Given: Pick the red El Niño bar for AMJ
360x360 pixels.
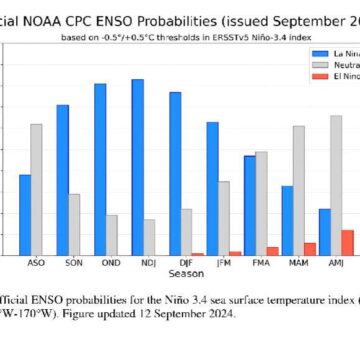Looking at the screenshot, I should click(347, 242).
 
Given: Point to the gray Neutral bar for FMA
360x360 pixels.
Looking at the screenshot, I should click(261, 203).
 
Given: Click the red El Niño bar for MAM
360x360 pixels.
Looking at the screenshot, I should click(310, 248).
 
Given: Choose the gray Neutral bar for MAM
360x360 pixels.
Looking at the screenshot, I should click(298, 190).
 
